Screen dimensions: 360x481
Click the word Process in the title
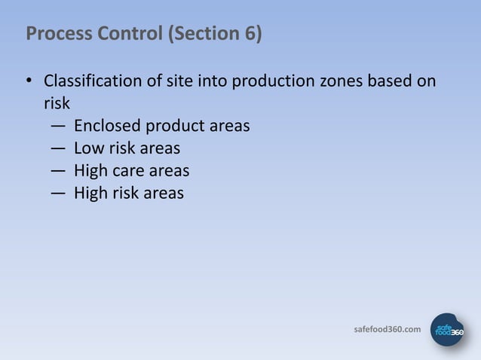coord(54,34)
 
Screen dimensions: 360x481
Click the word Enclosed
coord(106,125)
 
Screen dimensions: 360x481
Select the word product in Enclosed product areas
coord(174,126)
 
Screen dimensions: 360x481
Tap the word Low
coord(87,148)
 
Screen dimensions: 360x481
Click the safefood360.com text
coord(388,329)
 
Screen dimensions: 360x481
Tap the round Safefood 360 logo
coord(446,329)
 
